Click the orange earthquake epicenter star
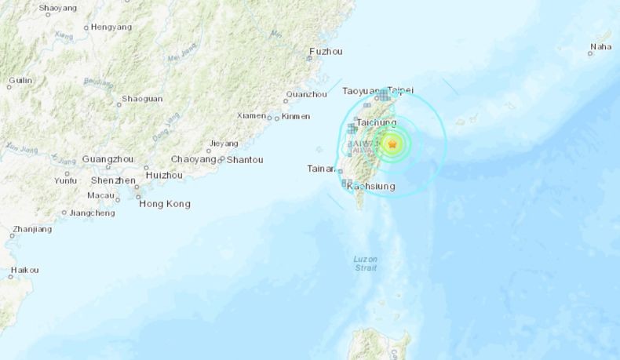(x=392, y=144)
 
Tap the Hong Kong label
(x=164, y=204)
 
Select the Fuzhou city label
(x=326, y=52)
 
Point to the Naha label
(x=600, y=47)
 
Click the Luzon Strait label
(x=365, y=263)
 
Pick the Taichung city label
(x=376, y=123)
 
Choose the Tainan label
(x=321, y=168)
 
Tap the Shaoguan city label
(x=142, y=99)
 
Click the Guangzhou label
(x=108, y=158)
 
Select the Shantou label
(x=245, y=159)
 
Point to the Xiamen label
(x=251, y=115)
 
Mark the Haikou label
(x=24, y=270)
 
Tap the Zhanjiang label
(x=32, y=230)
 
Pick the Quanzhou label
(x=306, y=94)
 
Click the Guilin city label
(x=20, y=80)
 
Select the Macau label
(x=101, y=195)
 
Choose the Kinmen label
(x=295, y=116)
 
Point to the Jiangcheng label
(x=92, y=213)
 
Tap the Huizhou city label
(x=164, y=175)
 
